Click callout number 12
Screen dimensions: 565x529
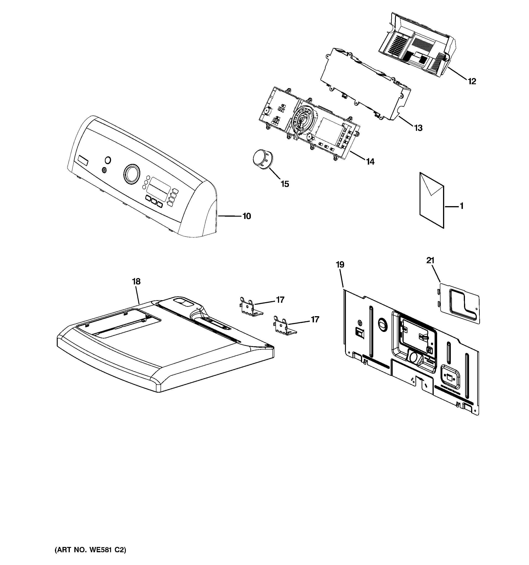click(x=472, y=81)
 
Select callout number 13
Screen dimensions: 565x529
click(x=418, y=128)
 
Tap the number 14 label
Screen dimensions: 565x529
click(x=370, y=162)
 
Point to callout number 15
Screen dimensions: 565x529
click(x=285, y=184)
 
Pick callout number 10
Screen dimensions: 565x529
click(x=247, y=216)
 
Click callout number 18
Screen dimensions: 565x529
click(x=136, y=282)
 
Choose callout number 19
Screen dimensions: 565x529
click(x=340, y=265)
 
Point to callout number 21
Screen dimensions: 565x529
click(x=430, y=260)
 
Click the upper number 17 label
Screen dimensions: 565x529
click(x=280, y=300)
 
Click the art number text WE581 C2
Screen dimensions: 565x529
click(x=90, y=550)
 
